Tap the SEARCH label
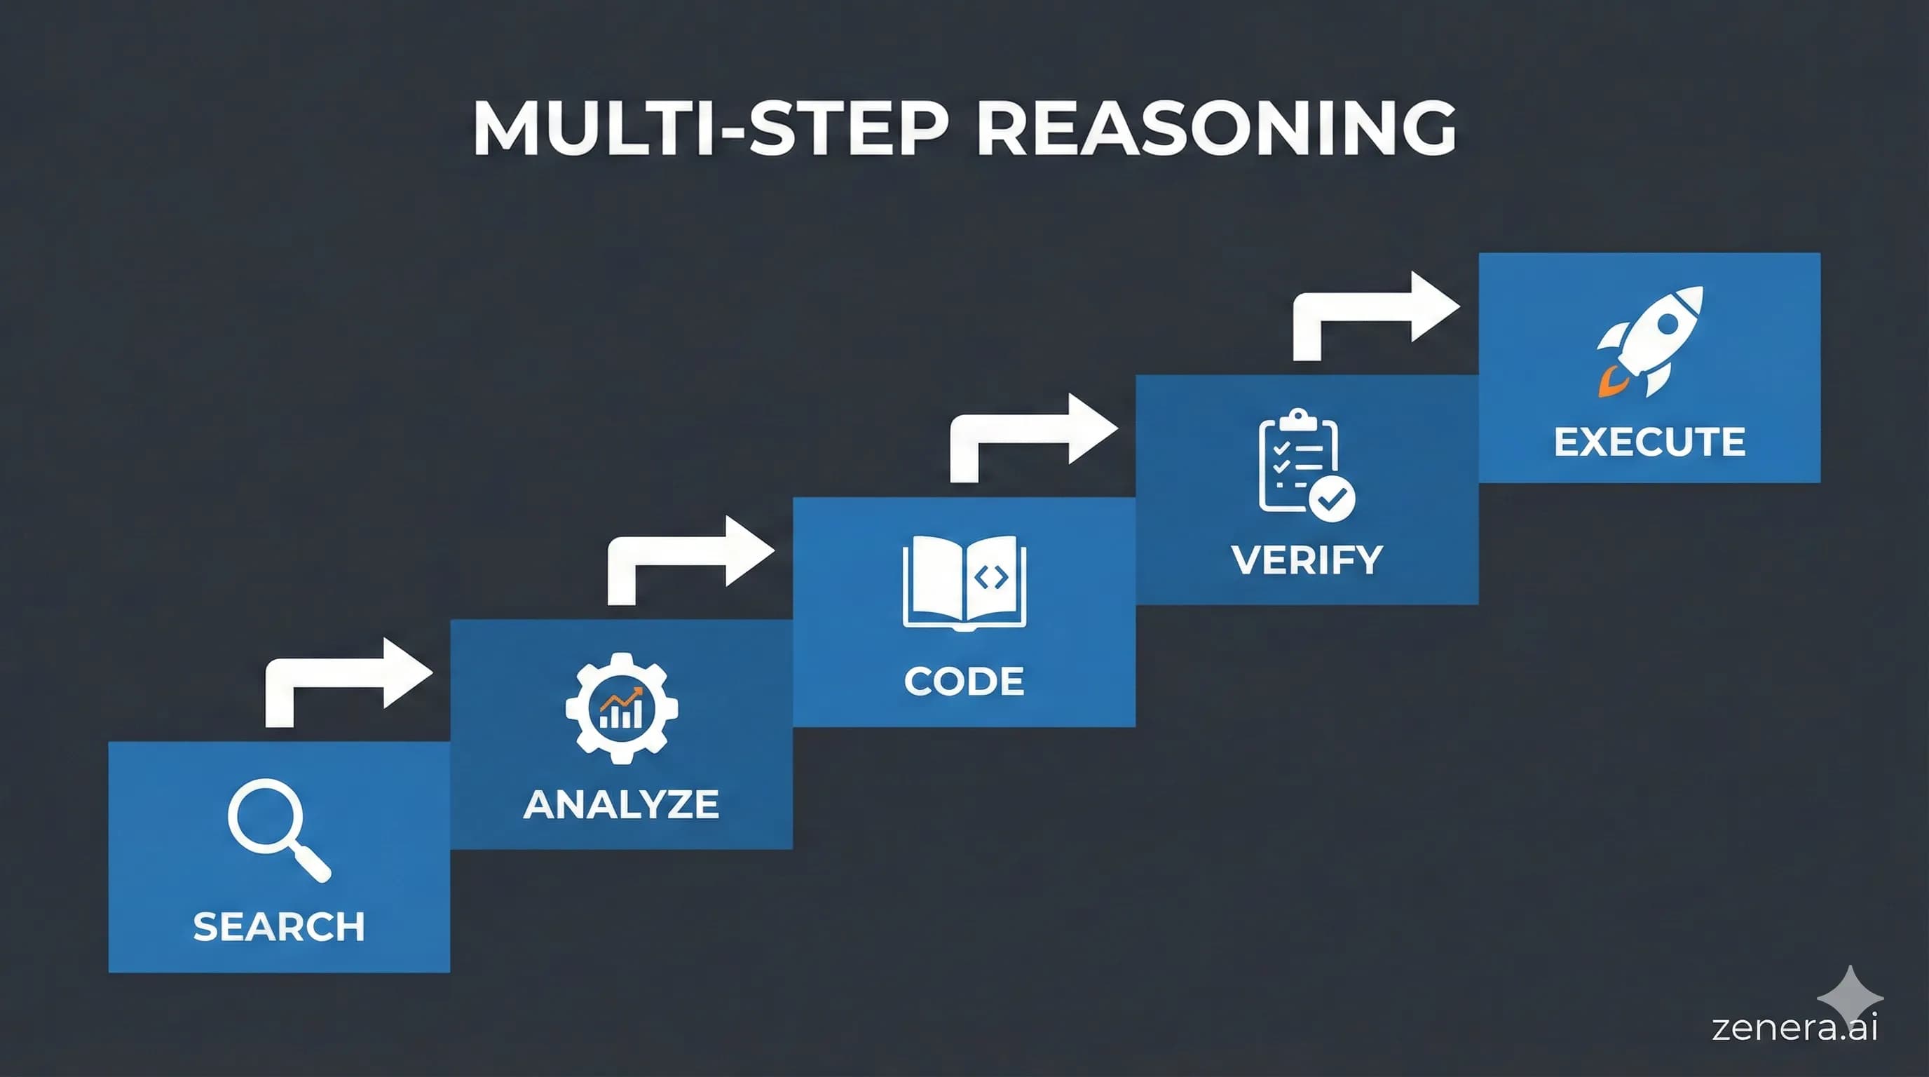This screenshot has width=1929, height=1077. (x=278, y=926)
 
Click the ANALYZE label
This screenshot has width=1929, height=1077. (x=621, y=804)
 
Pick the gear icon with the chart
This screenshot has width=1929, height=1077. (x=622, y=707)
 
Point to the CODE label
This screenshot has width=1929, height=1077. (x=964, y=682)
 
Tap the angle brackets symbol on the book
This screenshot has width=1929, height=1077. (x=990, y=576)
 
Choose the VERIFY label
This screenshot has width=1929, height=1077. (x=1307, y=560)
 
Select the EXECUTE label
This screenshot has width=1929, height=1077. (x=1650, y=442)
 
